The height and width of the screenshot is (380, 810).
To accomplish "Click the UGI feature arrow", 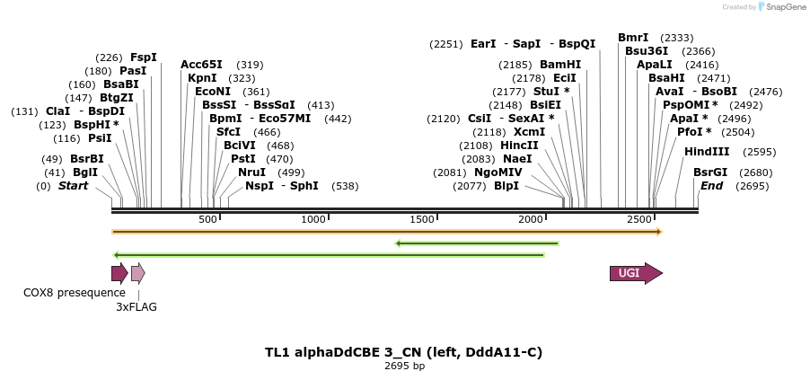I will click(636, 274).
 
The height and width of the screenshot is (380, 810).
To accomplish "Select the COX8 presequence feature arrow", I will click(119, 274).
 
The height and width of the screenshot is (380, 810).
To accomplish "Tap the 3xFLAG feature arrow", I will click(137, 274).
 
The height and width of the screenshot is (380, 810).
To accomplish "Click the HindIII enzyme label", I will click(707, 152).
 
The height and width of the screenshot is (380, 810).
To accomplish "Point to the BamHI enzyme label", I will click(560, 65).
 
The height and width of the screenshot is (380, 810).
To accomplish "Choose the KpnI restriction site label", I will click(203, 78).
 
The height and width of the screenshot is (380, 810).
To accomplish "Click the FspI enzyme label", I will click(144, 57).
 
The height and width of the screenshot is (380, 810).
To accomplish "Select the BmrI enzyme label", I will click(633, 38).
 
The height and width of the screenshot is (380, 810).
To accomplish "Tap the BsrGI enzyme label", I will click(710, 172).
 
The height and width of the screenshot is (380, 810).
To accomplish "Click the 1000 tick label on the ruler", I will click(313, 220).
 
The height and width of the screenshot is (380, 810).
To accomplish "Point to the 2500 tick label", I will click(639, 220).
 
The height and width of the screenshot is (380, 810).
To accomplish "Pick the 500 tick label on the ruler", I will click(207, 220).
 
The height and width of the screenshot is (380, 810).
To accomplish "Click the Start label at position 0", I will click(74, 186).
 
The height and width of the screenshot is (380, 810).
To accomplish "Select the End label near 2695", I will click(712, 186).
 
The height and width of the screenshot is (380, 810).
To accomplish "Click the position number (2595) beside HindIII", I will click(758, 152).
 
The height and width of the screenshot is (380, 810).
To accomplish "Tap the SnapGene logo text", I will click(786, 7).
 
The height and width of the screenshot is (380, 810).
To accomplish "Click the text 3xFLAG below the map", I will click(136, 306).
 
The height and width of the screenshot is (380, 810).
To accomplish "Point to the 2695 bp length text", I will click(404, 366).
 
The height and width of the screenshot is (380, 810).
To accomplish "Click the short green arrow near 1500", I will click(477, 243).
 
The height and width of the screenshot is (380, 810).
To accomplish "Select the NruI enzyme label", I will click(251, 172).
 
